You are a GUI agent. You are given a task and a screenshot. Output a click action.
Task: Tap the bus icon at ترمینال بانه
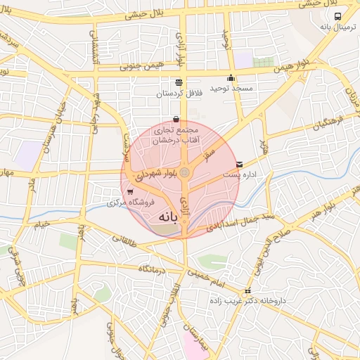point(338,17)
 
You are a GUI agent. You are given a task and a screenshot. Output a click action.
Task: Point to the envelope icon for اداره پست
point(239,164)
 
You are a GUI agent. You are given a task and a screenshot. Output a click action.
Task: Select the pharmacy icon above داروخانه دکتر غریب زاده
point(247,292)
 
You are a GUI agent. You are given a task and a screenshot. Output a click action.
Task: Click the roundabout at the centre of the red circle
point(184,172)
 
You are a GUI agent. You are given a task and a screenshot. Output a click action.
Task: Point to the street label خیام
point(39,224)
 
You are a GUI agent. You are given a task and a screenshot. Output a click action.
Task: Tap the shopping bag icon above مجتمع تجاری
point(175,120)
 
